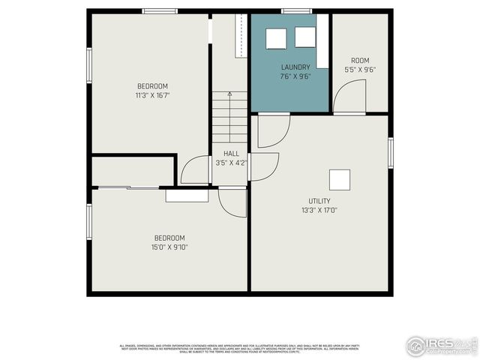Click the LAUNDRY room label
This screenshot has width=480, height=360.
(295, 67)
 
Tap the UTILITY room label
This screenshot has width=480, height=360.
(319, 201)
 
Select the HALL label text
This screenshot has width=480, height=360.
(231, 154)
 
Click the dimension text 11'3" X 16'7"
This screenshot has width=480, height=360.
(152, 95)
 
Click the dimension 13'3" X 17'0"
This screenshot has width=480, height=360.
(319, 210)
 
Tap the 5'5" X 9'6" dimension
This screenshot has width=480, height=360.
(360, 70)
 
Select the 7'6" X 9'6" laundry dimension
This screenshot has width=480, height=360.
(295, 76)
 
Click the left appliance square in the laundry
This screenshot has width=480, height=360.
(277, 37)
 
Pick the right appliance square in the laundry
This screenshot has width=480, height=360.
(304, 37)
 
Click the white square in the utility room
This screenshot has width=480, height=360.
(340, 180)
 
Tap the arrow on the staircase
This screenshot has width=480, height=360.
(229, 94)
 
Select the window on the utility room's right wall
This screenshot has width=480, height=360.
(390, 153)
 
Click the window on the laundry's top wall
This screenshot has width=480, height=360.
(295, 11)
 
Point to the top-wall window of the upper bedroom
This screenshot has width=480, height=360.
(160, 11)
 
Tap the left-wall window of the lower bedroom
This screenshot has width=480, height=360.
(89, 222)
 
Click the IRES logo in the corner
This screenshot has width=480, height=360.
(442, 345)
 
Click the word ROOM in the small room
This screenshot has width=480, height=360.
(360, 61)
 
